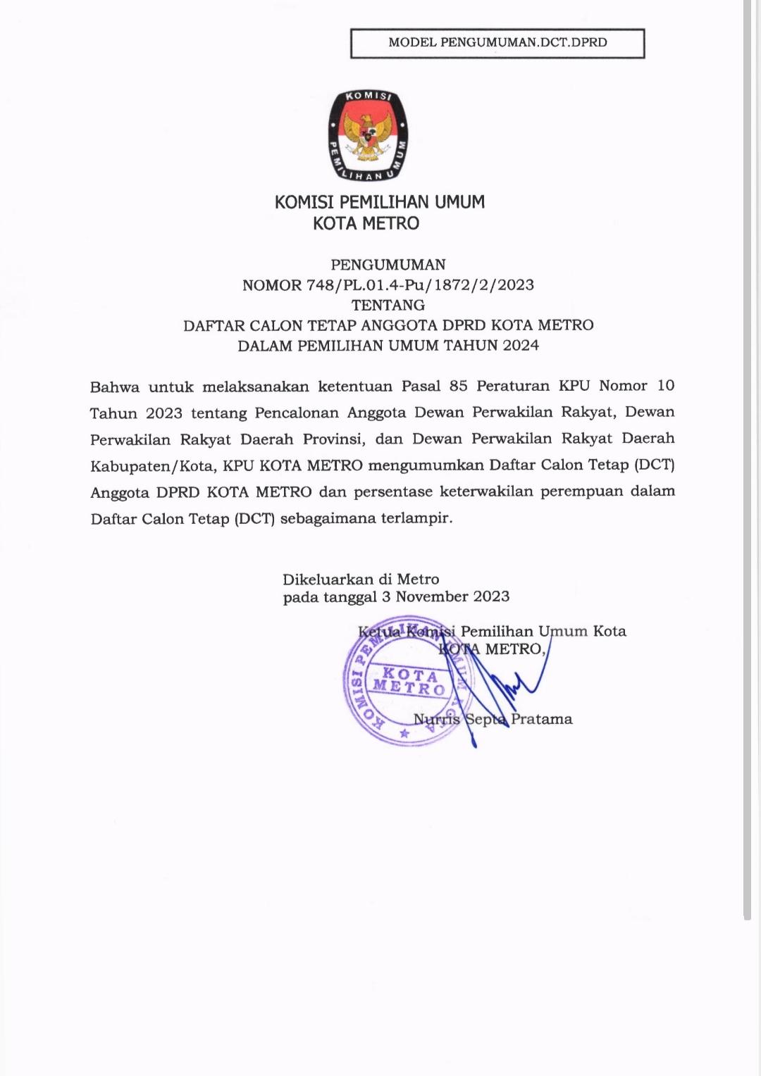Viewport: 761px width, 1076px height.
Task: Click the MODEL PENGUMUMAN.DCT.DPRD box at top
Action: coord(497,43)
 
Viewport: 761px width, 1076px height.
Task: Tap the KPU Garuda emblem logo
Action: coord(369,135)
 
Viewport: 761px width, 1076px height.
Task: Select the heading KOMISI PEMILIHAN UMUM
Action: coord(379,202)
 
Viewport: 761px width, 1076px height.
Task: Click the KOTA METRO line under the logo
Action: coord(366,224)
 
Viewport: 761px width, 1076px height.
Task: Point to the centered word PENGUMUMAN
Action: coord(388,265)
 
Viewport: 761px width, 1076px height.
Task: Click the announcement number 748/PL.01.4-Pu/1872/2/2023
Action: coord(420,285)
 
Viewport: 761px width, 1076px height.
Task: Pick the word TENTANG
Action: coord(388,305)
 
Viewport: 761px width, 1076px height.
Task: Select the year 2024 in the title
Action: coord(521,346)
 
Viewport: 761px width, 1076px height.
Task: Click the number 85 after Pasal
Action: coord(458,386)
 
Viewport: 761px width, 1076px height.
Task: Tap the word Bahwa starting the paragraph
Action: coord(115,387)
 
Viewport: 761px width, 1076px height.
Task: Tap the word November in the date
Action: coord(432,597)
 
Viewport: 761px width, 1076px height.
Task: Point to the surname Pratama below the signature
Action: coord(541,719)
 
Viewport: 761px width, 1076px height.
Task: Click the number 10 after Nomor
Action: coord(665,386)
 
